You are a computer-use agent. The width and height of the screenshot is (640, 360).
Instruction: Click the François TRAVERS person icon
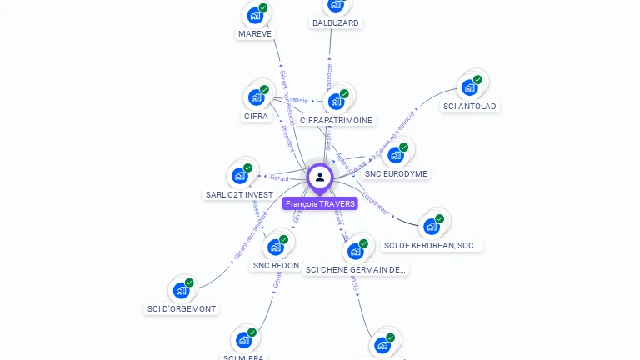point(319,177)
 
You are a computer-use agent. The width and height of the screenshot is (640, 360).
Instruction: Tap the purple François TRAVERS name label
point(320,204)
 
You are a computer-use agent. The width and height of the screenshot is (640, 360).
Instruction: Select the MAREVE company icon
point(255,15)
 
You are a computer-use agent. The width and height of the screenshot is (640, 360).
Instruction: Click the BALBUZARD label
point(336,22)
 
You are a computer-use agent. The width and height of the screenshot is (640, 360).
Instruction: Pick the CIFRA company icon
point(257,97)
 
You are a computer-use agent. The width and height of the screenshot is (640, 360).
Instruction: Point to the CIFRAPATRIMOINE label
point(337,121)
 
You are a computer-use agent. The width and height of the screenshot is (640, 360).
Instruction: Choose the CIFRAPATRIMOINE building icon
point(337,101)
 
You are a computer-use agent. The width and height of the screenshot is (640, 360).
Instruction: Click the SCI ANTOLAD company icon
point(470,87)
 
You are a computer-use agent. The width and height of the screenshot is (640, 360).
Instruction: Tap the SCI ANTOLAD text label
point(470,107)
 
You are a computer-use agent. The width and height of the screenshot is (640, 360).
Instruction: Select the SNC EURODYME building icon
point(396,154)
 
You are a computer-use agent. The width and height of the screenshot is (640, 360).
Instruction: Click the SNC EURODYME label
point(397,174)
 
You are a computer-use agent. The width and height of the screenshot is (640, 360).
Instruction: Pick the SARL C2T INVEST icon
point(240,175)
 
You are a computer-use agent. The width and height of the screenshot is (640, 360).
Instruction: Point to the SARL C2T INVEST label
point(239,195)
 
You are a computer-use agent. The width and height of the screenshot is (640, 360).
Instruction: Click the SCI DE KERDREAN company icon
point(432,225)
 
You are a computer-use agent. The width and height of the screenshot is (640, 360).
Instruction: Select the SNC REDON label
point(276,266)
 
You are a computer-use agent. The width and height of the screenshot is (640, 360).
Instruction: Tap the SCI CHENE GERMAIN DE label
point(356,270)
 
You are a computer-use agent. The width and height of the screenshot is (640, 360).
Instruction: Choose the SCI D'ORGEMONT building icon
point(182,290)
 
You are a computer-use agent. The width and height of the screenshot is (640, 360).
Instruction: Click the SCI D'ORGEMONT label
point(182,309)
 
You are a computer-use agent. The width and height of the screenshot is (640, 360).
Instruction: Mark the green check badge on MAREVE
point(263,7)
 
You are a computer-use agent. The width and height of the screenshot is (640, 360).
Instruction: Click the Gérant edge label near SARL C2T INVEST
point(279,177)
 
